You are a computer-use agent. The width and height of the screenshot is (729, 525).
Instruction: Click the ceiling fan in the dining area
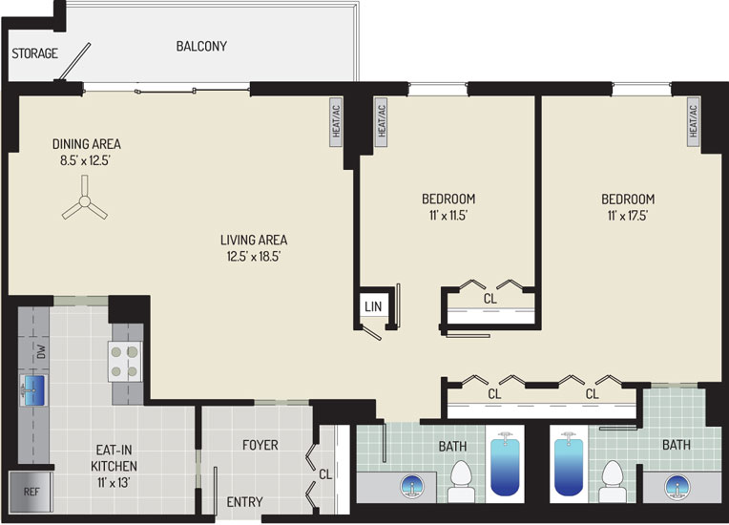(85, 200)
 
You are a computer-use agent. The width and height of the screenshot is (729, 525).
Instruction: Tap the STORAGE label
(35, 53)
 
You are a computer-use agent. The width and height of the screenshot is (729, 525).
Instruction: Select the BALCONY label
(201, 46)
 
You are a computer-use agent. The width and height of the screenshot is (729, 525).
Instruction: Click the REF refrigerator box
(31, 492)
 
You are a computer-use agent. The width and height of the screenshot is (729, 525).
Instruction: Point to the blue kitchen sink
(34, 390)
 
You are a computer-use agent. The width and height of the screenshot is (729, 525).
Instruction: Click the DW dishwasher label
(41, 351)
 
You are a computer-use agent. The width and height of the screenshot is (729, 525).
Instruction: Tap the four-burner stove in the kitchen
(125, 362)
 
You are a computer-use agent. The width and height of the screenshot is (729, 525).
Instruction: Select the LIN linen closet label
(373, 306)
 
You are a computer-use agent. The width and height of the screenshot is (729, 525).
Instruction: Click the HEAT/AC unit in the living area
(336, 122)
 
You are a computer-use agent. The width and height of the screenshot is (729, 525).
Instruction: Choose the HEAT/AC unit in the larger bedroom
(693, 122)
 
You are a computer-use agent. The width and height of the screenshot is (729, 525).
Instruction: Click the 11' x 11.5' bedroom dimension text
(448, 216)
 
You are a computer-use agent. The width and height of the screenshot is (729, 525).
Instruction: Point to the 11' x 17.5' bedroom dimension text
(628, 216)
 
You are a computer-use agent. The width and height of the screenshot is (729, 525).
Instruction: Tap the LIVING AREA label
(254, 240)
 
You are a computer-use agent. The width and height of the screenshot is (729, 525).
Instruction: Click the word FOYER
(260, 445)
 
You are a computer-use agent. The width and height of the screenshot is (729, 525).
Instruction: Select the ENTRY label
(244, 502)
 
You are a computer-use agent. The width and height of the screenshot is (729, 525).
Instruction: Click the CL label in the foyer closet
(325, 474)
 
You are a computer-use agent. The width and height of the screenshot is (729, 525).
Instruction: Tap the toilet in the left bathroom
(461, 481)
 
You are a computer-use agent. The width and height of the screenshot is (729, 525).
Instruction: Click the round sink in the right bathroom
(677, 487)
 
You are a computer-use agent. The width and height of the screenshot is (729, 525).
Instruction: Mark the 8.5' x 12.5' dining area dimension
(85, 161)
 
